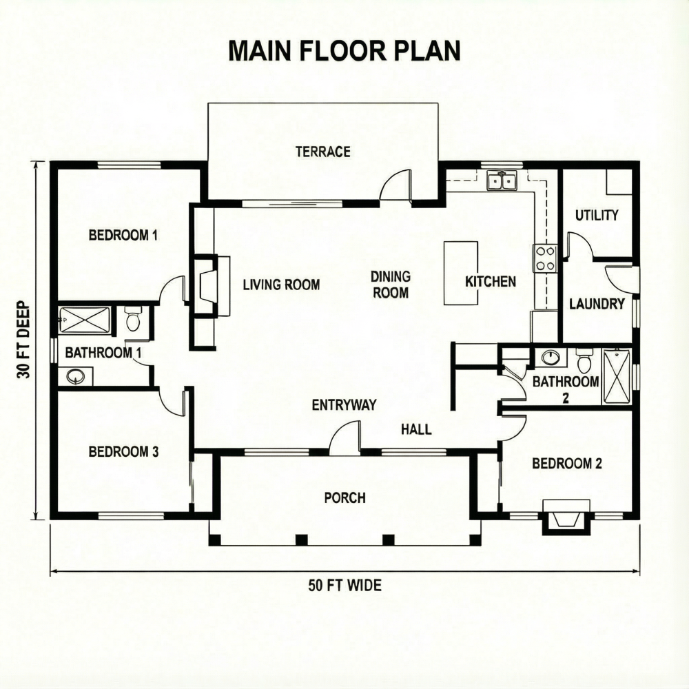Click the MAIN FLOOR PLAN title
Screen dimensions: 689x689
pyautogui.click(x=344, y=51)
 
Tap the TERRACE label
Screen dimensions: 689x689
pyautogui.click(x=322, y=152)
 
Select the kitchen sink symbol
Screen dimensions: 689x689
pyautogui.click(x=502, y=181)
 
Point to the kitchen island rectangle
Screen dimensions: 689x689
pyautogui.click(x=460, y=273)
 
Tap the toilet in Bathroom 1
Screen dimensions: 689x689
pyautogui.click(x=133, y=319)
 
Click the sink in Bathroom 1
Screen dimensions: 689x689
pyautogui.click(x=76, y=376)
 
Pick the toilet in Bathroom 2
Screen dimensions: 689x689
pyautogui.click(x=584, y=361)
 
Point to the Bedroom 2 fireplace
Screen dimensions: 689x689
pyautogui.click(x=566, y=515)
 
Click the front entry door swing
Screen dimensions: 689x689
pyautogui.click(x=344, y=439)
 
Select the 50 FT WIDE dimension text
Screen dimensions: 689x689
pyautogui.click(x=344, y=586)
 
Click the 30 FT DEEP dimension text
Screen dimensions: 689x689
pyautogui.click(x=24, y=340)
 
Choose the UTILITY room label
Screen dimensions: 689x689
pyautogui.click(x=597, y=215)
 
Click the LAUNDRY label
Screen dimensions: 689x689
pyautogui.click(x=597, y=304)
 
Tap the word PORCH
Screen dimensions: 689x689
pyautogui.click(x=344, y=497)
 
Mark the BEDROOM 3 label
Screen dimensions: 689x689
pyautogui.click(x=124, y=452)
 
